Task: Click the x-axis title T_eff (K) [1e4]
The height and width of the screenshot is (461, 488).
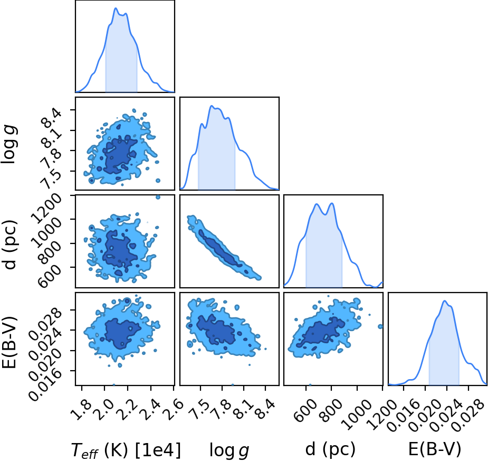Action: coord(126,449)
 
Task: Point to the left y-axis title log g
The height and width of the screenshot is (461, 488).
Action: coord(9,144)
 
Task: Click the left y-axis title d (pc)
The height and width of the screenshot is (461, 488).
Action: coord(9,245)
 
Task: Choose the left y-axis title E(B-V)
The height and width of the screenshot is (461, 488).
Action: coord(9,342)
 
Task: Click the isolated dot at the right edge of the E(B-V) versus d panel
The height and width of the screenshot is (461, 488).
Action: coord(380,326)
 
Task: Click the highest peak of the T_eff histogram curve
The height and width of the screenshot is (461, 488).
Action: coord(116,8)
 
